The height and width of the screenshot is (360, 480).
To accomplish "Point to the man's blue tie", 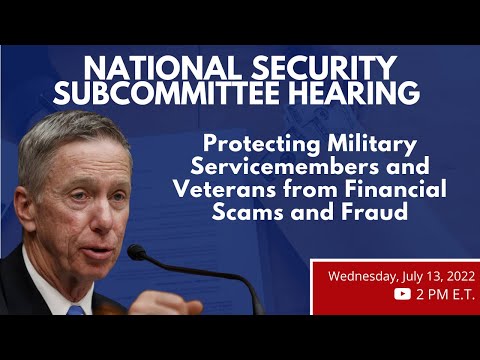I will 76,311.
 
